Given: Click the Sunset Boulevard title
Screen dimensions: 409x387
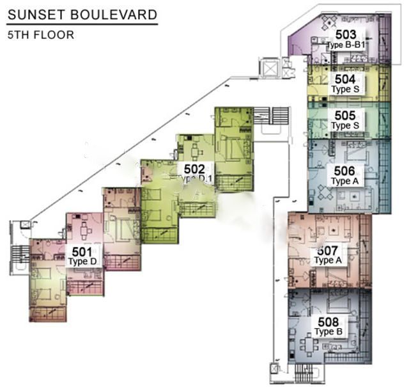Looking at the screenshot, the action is coord(82,15).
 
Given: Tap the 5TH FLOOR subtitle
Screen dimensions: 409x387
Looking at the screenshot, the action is coord(41,35).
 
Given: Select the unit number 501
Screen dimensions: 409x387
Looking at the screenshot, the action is coord(82,252).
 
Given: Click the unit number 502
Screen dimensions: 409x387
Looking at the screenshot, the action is coord(194,170).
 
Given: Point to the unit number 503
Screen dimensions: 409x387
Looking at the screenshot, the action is coord(346,35).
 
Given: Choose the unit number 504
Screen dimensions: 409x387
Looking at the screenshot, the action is coord(345,79).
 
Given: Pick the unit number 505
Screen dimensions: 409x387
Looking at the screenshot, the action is coord(345,115).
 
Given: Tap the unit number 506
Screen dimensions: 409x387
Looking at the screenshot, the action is coord(344,171).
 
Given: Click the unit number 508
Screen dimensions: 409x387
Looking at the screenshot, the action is coord(328,322).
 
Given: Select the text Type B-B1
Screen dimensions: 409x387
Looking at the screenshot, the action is coord(346,45).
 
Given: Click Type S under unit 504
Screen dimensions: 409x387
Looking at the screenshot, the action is coord(345,90).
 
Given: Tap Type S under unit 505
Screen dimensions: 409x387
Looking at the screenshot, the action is coord(345,125).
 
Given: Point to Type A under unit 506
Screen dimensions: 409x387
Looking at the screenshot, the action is coord(344,181).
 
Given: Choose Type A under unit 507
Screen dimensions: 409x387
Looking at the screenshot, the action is coord(328,260).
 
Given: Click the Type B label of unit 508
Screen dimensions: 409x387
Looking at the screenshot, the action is coord(328,331).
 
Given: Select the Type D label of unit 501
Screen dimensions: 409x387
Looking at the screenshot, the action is coord(82,262).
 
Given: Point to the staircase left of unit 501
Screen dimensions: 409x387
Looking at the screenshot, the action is coord(20,254).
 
